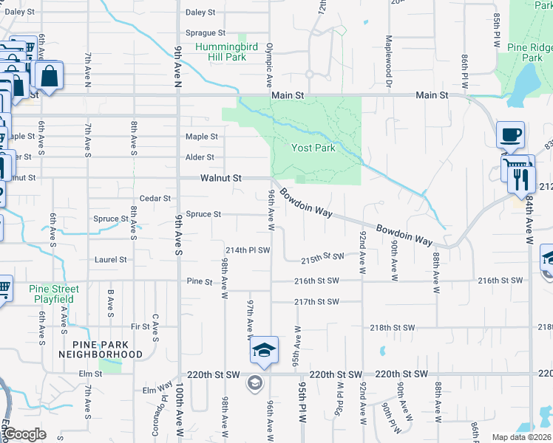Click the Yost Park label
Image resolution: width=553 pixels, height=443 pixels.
(x=313, y=148)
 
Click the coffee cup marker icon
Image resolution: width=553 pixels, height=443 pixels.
(x=510, y=135)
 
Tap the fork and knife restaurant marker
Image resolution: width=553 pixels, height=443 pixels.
(x=522, y=179)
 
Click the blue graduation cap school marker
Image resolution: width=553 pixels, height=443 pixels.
(x=263, y=351)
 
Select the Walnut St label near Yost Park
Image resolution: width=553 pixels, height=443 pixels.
(x=221, y=179)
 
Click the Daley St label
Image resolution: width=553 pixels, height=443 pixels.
(x=200, y=13)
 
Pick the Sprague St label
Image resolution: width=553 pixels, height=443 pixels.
(x=206, y=33)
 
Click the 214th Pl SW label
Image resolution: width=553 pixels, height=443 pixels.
(x=248, y=250)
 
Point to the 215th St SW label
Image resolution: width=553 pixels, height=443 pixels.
(x=324, y=259)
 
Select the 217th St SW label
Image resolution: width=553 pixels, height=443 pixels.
(x=316, y=302)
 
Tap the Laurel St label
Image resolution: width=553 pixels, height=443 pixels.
(x=111, y=260)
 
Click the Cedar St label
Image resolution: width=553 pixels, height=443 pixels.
(x=155, y=199)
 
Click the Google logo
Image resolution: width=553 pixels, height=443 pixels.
(x=24, y=434)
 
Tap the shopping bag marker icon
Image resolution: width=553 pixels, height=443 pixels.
(x=48, y=76)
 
